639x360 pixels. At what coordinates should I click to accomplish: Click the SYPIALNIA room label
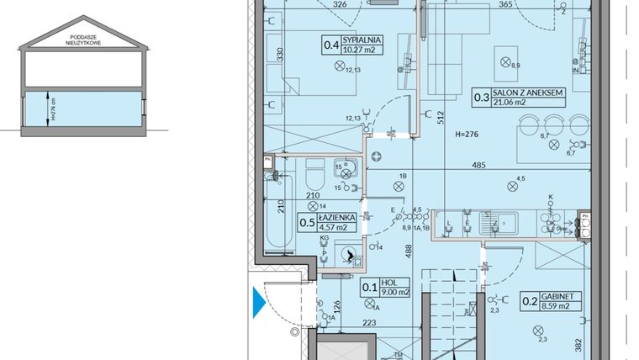364,39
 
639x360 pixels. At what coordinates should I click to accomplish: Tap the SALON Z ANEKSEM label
529,94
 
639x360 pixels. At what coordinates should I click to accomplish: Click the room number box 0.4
332,44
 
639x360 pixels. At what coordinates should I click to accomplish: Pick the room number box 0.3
482,98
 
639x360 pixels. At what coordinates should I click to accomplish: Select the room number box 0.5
309,222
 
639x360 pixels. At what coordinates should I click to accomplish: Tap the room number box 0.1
369,288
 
